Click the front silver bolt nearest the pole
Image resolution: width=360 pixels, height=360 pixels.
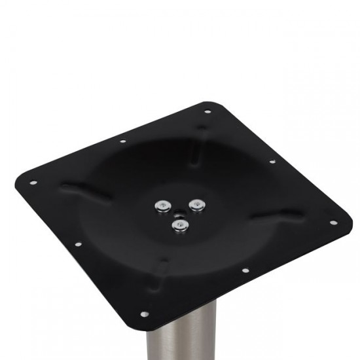click(x=177, y=225)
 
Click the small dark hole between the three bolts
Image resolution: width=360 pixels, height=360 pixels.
click(x=178, y=211)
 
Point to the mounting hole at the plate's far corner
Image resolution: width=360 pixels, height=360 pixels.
click(x=207, y=112)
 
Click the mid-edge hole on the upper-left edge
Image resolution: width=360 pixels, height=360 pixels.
click(x=122, y=141)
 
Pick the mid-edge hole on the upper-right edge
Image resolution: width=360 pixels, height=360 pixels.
click(x=272, y=161)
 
